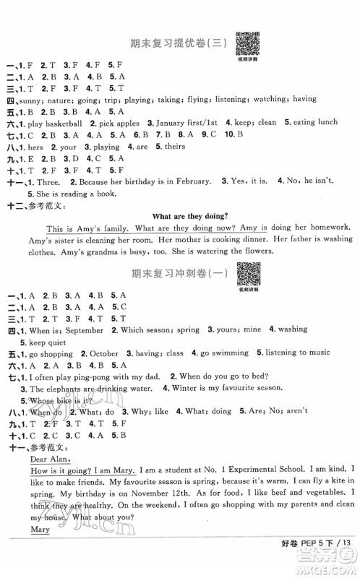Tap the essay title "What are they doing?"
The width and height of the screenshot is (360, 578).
[x=187, y=214]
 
